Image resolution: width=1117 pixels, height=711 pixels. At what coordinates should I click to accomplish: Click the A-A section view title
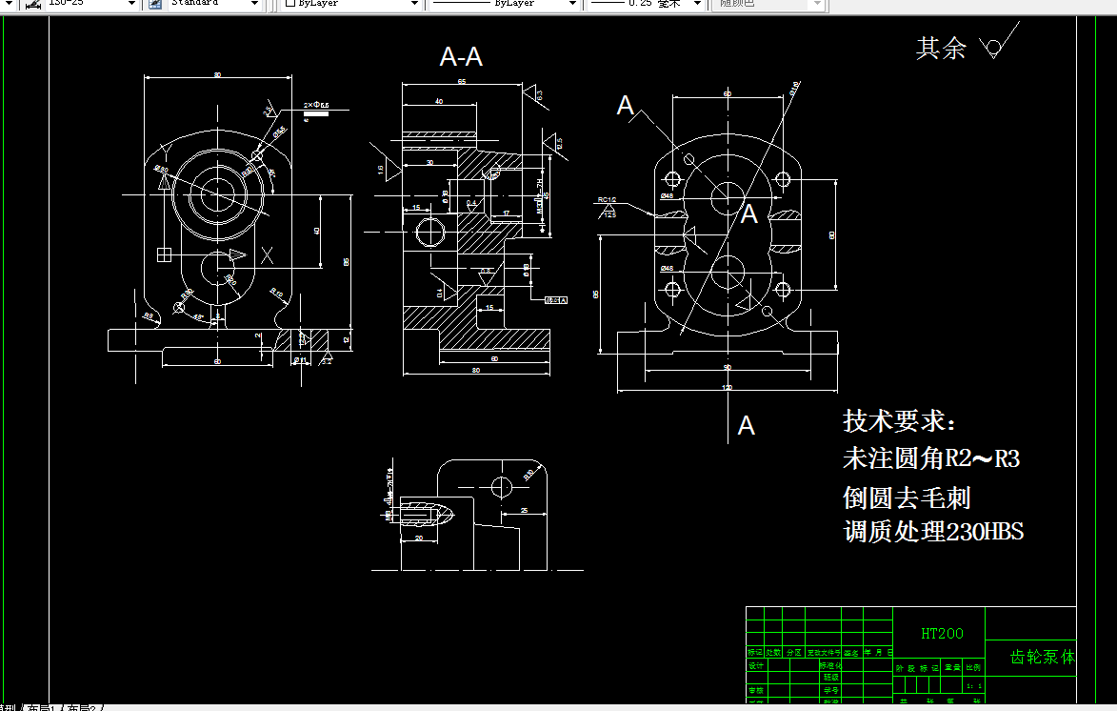pos(461,57)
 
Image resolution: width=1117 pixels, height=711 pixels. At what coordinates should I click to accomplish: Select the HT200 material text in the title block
pos(942,633)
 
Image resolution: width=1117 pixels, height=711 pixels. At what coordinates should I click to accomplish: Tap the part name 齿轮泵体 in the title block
pos(1042,657)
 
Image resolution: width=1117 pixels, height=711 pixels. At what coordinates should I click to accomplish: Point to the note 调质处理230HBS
pos(933,532)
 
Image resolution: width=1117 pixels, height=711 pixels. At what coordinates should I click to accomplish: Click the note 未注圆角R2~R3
pos(930,459)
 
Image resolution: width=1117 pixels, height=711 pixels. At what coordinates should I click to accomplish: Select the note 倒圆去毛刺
pos(907,498)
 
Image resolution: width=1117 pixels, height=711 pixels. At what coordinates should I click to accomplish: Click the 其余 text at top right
pos(941,49)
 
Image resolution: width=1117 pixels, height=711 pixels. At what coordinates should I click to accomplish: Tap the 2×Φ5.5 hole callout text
pos(316,104)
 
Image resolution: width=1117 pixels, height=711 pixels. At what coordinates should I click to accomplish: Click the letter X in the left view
pos(269,254)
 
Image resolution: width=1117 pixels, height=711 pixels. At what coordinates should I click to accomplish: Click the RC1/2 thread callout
pos(607,200)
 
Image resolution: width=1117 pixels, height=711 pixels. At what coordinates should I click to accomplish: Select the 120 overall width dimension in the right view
pos(728,388)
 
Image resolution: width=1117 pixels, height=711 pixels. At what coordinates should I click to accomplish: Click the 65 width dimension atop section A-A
pos(462,82)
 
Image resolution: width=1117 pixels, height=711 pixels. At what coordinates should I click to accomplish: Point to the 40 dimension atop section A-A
pos(438,101)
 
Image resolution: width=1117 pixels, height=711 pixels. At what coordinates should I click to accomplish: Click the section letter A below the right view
pos(747,426)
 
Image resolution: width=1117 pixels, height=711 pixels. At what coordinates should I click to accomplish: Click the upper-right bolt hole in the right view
pos(783,179)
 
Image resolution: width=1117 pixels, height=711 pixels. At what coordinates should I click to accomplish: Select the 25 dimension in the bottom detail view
pos(525,512)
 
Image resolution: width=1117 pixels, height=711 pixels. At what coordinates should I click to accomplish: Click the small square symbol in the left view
pos(164,254)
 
